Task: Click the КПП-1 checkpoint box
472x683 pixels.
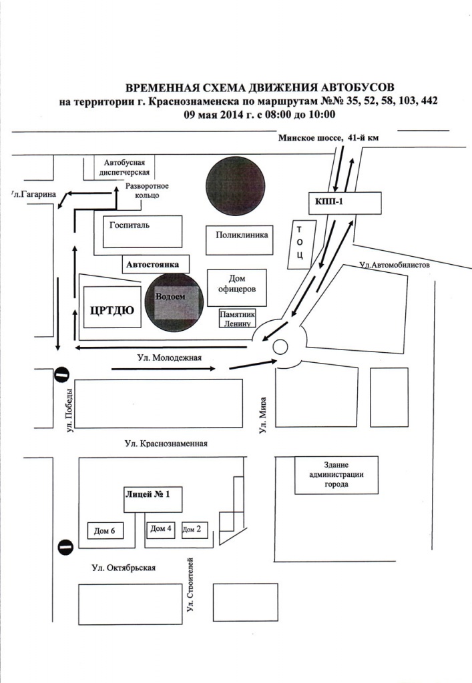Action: point(344,201)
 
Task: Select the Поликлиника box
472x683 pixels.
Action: point(240,235)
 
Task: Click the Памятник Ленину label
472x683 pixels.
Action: point(238,318)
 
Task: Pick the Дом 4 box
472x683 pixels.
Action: point(161,529)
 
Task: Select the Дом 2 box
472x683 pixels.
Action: point(195,530)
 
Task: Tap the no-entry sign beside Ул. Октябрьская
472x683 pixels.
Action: point(65,547)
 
